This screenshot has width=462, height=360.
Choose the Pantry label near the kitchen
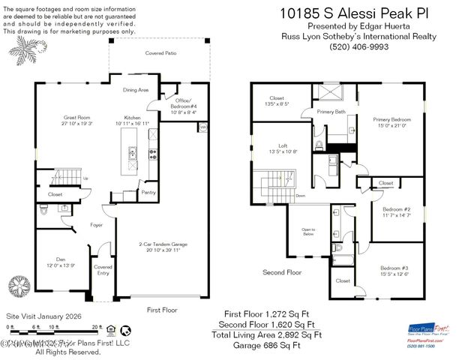(x=148, y=193)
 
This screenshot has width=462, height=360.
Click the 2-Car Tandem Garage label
(x=163, y=244)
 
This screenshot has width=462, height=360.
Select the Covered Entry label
(x=102, y=270)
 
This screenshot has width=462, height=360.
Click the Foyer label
(x=97, y=224)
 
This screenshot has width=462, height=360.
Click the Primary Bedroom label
(x=392, y=118)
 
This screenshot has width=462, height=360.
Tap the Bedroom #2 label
(x=395, y=209)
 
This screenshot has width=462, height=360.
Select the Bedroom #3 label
(x=394, y=268)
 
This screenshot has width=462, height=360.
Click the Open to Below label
(x=308, y=231)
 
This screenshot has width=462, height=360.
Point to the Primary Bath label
(x=331, y=112)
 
